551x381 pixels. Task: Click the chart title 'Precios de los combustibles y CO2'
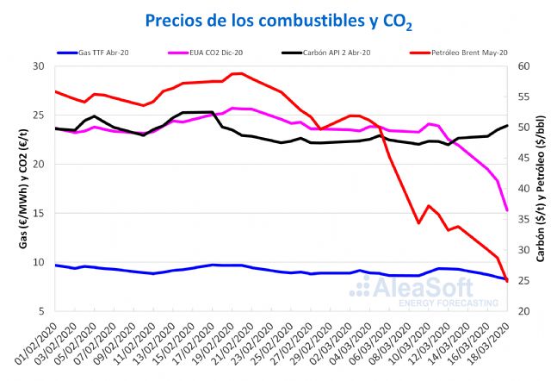[275, 19]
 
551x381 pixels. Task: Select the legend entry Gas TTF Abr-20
[102, 53]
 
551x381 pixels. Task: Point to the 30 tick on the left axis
[38, 66]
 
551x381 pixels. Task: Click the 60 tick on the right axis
[524, 66]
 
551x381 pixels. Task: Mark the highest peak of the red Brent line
[240, 73]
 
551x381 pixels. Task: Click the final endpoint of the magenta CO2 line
[507, 209]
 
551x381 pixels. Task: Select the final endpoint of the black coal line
[507, 126]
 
